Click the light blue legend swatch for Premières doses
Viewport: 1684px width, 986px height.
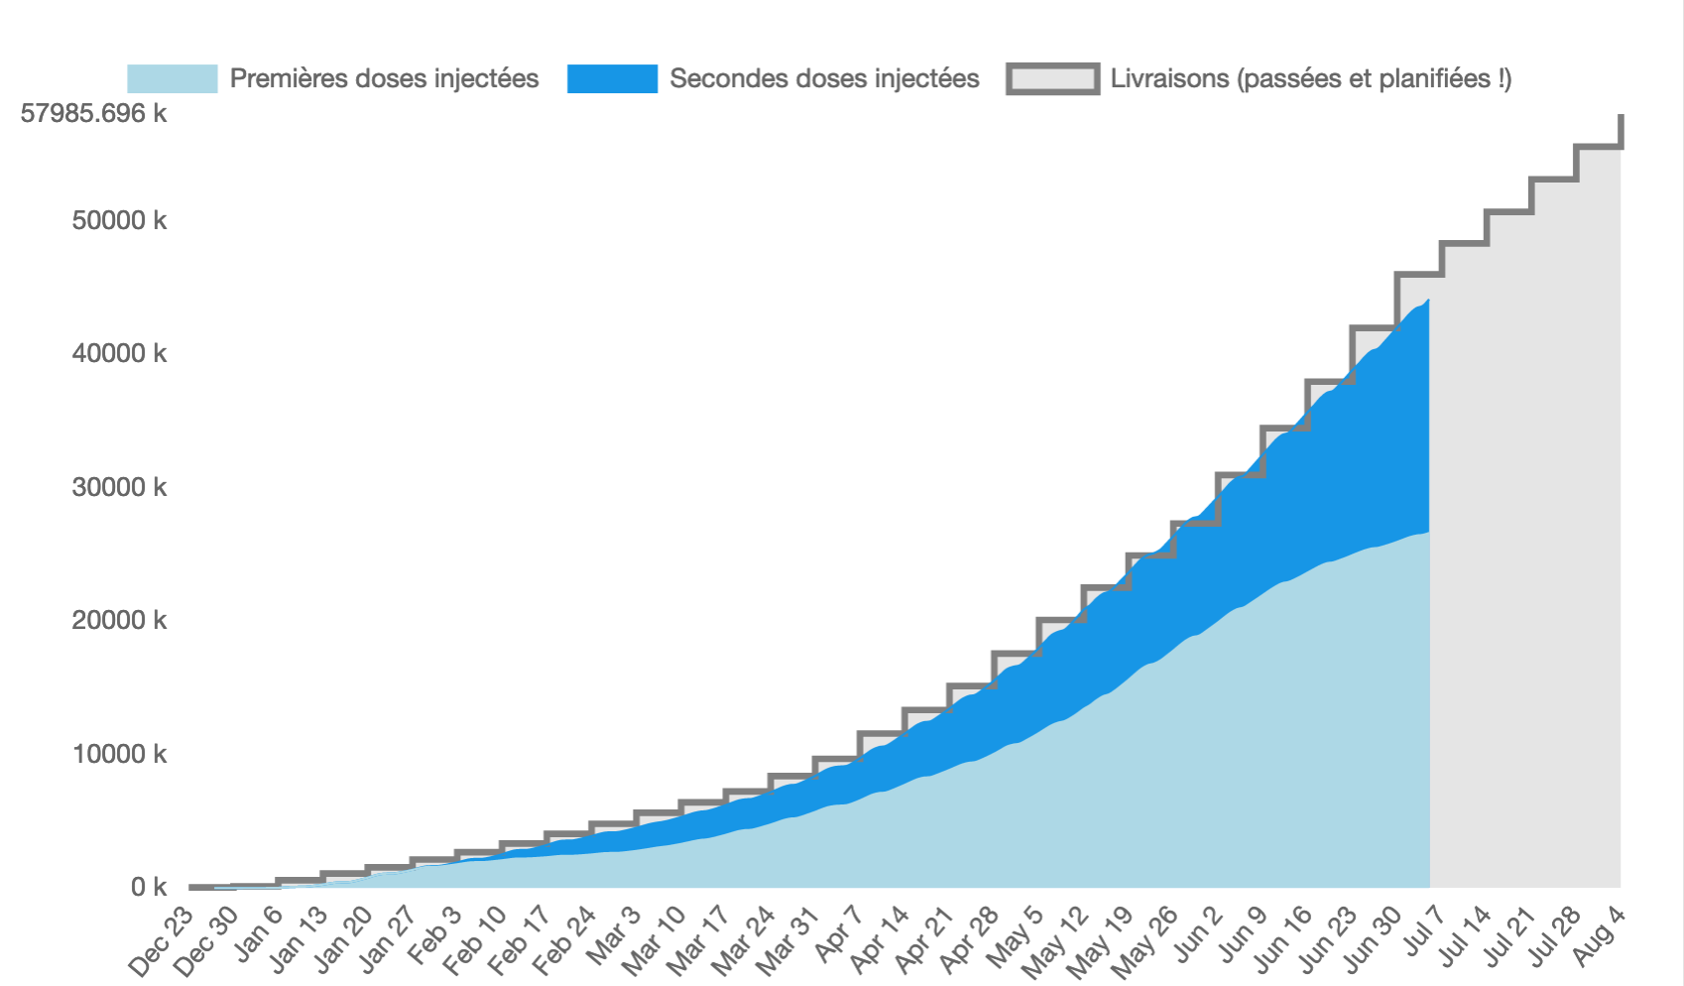click(172, 78)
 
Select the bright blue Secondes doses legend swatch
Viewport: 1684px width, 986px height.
click(612, 78)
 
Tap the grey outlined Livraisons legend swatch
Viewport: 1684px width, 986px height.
click(1052, 78)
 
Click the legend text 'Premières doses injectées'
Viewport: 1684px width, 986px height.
click(384, 78)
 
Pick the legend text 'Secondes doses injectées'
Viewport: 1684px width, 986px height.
click(824, 78)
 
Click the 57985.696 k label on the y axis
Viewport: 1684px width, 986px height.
click(93, 113)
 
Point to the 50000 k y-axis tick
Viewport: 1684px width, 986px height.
click(119, 220)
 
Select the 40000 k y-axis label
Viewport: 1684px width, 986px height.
click(119, 353)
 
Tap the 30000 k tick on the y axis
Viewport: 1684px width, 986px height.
click(119, 487)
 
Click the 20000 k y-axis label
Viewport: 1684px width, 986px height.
click(119, 620)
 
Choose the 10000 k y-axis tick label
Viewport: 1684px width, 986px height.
click(119, 754)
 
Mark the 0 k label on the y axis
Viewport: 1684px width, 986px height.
click(148, 887)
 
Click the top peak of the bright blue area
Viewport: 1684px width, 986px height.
click(1427, 301)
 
